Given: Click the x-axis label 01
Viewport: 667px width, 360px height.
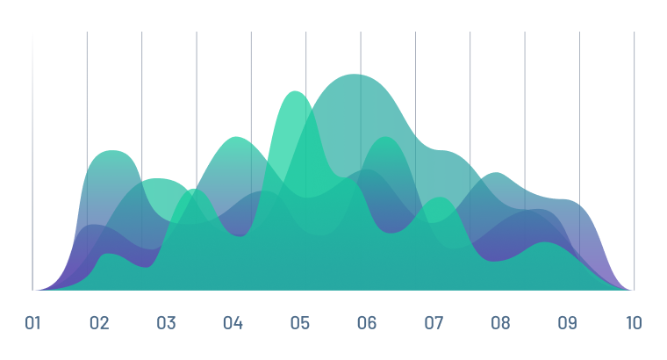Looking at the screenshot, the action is (32, 323).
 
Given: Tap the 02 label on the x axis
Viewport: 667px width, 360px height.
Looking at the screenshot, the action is (99, 323).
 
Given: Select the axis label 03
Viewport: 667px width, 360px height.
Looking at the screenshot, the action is (167, 323).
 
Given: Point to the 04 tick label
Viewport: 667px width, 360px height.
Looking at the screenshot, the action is (233, 323).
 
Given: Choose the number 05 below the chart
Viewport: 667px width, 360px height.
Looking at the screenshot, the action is (300, 323).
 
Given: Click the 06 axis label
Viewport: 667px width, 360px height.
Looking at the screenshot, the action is (367, 323).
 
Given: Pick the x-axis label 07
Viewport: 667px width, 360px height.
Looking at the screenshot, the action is (434, 323).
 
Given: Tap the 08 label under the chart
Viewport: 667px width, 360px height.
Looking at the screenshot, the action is (500, 323).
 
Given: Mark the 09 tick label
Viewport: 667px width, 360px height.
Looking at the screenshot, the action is (568, 323).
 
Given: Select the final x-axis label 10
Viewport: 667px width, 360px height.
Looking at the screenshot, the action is (634, 323).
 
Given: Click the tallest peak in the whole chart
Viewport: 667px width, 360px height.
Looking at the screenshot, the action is (355, 75).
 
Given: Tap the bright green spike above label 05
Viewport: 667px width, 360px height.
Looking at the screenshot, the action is (294, 92).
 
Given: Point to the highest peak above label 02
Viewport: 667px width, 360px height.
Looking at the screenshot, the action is (111, 151).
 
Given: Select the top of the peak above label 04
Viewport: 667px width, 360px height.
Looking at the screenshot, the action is (236, 138).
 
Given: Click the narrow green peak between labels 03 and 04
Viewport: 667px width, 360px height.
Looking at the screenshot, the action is (194, 190).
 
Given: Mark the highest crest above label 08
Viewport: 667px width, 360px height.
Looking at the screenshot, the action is (496, 174).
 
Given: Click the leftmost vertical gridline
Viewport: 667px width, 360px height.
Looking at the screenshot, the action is (32, 161).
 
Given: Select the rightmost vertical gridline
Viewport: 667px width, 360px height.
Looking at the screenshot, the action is (634, 161).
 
